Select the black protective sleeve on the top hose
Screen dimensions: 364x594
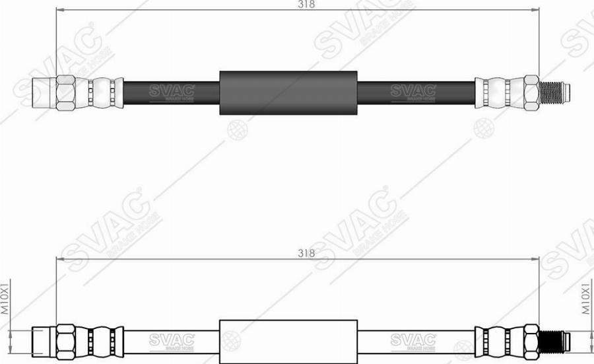pos(288,92)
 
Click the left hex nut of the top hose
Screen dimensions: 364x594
pos(65,92)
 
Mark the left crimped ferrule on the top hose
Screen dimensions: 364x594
pos(103,92)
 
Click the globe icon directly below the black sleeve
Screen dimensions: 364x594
pos(238,130)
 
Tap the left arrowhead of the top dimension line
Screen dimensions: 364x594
pos(59,11)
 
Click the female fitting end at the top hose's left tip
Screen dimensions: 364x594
pos(42,92)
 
